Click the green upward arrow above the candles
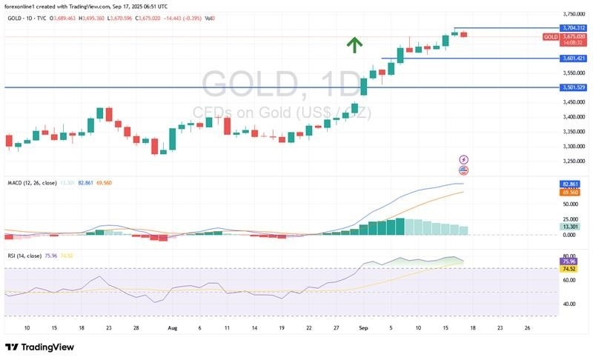(354, 44)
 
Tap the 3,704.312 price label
(574, 27)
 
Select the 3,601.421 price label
(574, 59)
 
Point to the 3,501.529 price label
(574, 87)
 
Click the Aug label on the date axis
(172, 327)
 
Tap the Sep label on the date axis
(362, 327)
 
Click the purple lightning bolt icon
(464, 159)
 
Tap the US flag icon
(464, 170)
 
